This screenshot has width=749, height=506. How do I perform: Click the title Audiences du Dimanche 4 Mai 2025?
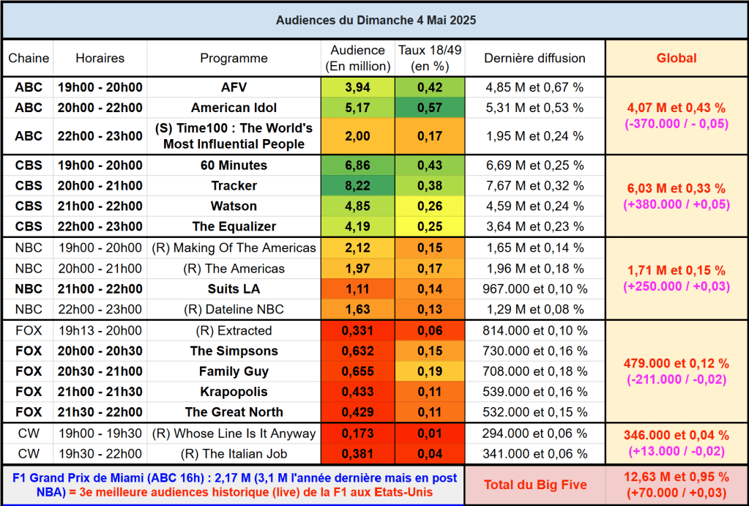click(376, 20)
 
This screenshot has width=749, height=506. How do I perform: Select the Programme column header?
click(234, 58)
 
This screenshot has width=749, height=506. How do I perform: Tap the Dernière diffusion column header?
click(534, 58)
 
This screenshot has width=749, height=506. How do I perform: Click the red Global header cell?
click(676, 58)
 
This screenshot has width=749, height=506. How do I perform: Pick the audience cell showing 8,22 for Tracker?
click(357, 186)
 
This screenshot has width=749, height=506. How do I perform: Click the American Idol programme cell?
click(234, 108)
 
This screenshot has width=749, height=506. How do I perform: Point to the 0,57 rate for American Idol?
click(429, 108)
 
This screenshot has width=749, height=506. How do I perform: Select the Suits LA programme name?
click(234, 289)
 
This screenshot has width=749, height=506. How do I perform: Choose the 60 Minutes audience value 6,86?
click(357, 165)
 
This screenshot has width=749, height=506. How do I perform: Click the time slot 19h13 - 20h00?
click(100, 330)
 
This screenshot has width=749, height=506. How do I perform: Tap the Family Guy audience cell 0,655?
click(357, 371)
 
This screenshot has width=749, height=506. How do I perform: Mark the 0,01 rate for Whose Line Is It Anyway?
click(429, 434)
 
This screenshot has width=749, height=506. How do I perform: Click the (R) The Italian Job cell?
click(234, 454)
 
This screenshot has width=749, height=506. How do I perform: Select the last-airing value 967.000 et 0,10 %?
click(534, 289)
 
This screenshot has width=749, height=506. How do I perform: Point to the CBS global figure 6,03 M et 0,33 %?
click(676, 189)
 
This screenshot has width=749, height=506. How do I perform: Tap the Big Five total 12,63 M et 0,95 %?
click(676, 477)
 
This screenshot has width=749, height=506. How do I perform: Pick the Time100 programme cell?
click(234, 136)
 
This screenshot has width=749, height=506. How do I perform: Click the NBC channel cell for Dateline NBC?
click(29, 310)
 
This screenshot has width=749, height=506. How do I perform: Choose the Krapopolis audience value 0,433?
click(357, 392)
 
